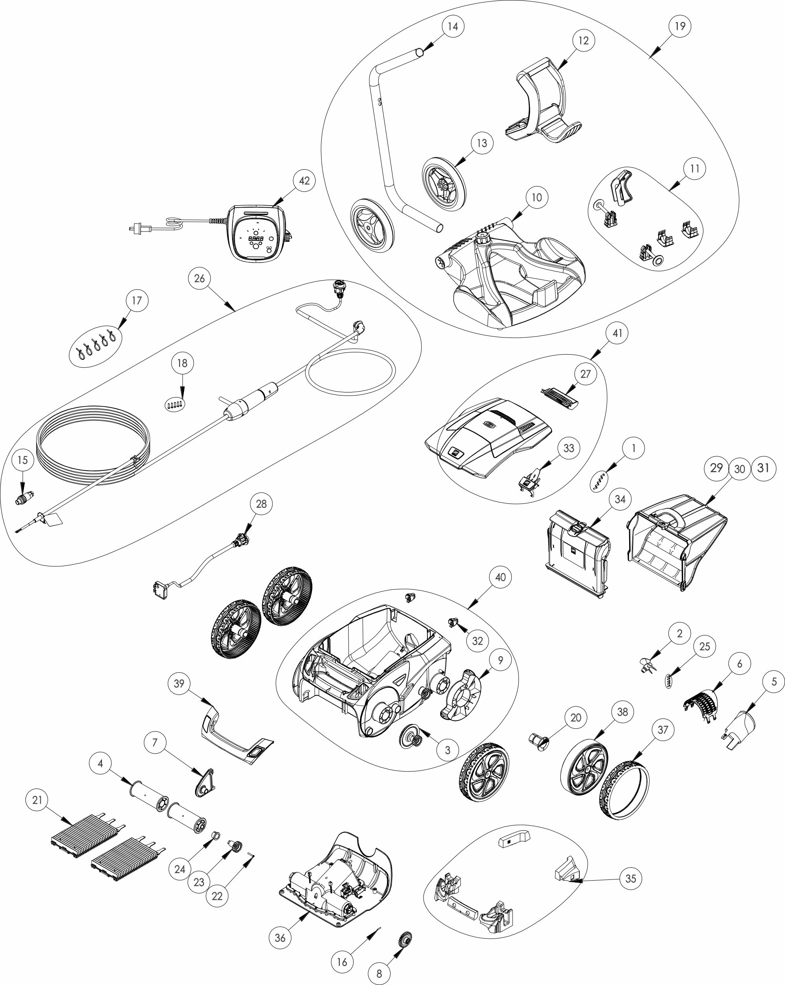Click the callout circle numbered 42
pos(304,181)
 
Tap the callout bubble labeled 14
pos(453,26)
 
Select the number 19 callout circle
pos(680,26)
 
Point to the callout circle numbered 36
pos(280,938)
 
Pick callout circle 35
pos(631,878)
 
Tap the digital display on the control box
pos(256,239)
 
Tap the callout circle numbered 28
pos(261,503)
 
